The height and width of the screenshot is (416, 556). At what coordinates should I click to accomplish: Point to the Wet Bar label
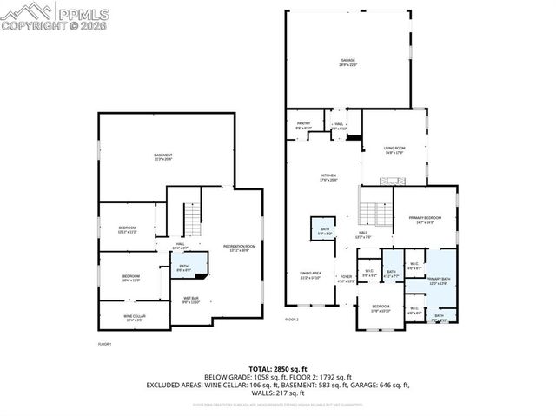[191, 300]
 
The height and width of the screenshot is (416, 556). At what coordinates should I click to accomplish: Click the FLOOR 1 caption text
[105, 345]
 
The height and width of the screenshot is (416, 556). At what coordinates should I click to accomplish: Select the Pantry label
[304, 125]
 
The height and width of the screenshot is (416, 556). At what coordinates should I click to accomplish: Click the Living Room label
[396, 150]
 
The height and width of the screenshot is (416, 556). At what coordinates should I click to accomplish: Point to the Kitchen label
[328, 178]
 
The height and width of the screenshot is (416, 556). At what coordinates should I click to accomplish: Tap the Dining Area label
[310, 277]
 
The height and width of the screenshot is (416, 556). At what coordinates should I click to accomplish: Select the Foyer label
[346, 279]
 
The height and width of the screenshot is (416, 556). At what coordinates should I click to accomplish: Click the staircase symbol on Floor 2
[374, 212]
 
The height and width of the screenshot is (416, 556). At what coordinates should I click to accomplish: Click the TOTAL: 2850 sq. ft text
[277, 369]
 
